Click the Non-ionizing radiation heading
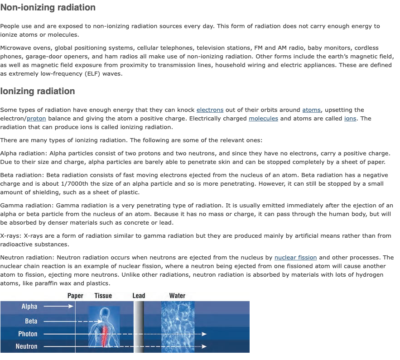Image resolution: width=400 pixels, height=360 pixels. click(48, 8)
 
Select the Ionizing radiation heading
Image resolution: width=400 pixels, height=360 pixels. click(38, 91)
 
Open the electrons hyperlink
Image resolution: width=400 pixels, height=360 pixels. click(210, 110)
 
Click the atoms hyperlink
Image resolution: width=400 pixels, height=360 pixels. click(311, 110)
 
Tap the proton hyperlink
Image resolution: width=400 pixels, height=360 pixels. click(36, 119)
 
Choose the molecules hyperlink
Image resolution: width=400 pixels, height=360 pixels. click(263, 119)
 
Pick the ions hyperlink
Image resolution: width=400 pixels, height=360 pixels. click(350, 119)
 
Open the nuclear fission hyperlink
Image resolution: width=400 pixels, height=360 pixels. click(295, 258)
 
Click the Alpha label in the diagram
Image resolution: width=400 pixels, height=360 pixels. click(29, 307)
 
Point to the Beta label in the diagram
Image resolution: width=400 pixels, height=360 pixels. click(31, 321)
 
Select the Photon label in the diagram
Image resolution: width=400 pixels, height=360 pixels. click(28, 334)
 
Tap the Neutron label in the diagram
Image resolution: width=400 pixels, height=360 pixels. click(27, 346)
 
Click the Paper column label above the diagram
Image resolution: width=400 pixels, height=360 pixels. click(75, 296)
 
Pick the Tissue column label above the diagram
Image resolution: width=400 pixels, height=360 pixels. click(103, 296)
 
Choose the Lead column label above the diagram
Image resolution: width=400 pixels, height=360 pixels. click(139, 296)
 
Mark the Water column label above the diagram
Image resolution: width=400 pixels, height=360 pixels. click(177, 296)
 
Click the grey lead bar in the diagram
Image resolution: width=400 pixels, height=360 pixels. click(139, 326)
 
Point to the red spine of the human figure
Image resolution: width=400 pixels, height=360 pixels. click(105, 335)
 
